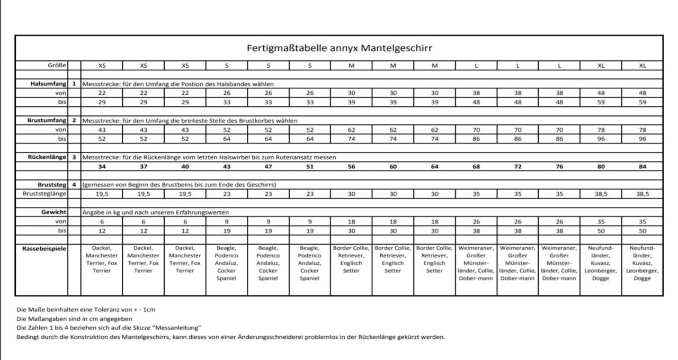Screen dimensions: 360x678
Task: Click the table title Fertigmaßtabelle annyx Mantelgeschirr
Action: pyautogui.click(x=339, y=48)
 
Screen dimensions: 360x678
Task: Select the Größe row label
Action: pyautogui.click(x=57, y=66)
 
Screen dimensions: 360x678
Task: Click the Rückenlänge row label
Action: pyautogui.click(x=47, y=157)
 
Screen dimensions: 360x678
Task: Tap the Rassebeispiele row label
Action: pyautogui.click(x=44, y=248)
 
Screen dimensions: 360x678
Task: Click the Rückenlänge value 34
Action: pyautogui.click(x=102, y=167)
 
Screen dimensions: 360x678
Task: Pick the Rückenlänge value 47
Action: pyautogui.click(x=268, y=167)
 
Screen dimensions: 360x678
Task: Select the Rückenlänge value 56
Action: pyautogui.click(x=351, y=167)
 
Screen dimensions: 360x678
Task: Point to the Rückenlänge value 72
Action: pyautogui.click(x=518, y=167)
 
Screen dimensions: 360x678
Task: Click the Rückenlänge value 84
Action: pyautogui.click(x=643, y=167)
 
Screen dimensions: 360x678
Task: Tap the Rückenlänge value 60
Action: pyautogui.click(x=392, y=167)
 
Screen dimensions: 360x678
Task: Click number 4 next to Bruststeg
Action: pyautogui.click(x=74, y=184)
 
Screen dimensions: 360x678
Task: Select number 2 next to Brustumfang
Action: pyautogui.click(x=74, y=120)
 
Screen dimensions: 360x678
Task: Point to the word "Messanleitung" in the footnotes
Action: pyautogui.click(x=178, y=328)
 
